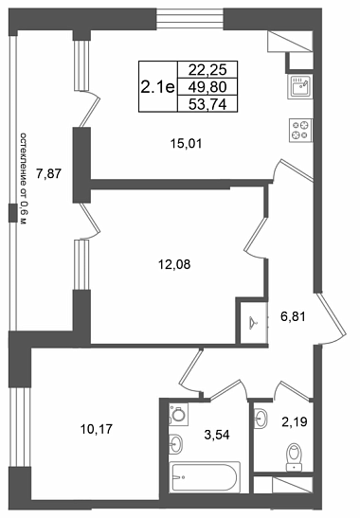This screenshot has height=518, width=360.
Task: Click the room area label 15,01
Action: (x=186, y=144)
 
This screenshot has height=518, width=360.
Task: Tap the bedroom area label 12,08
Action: (x=174, y=264)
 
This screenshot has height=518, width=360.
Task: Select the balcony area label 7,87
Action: (x=49, y=173)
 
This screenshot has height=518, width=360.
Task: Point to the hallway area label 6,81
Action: (x=293, y=317)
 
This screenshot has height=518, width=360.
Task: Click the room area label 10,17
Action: (x=97, y=429)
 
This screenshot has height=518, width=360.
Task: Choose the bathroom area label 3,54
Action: (x=217, y=435)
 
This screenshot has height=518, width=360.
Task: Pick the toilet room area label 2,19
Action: (x=295, y=421)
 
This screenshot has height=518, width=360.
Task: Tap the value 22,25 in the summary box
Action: (x=207, y=70)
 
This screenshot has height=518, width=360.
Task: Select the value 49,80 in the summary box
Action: (x=207, y=87)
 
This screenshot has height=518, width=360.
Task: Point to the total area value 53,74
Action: (x=207, y=105)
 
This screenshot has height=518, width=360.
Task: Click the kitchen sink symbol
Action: (x=299, y=86)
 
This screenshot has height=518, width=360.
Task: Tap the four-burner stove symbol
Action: (x=301, y=131)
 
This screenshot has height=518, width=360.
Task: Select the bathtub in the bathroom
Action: (x=205, y=477)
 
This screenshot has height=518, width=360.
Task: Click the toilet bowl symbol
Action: (x=294, y=456)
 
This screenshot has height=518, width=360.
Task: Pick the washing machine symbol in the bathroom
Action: (x=178, y=414)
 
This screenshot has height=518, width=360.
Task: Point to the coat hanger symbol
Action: (x=254, y=321)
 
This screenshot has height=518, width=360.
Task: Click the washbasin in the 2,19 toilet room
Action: (x=261, y=419)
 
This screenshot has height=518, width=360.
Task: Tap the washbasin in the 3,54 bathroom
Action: (x=175, y=443)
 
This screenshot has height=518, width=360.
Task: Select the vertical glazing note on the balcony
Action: (x=23, y=179)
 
